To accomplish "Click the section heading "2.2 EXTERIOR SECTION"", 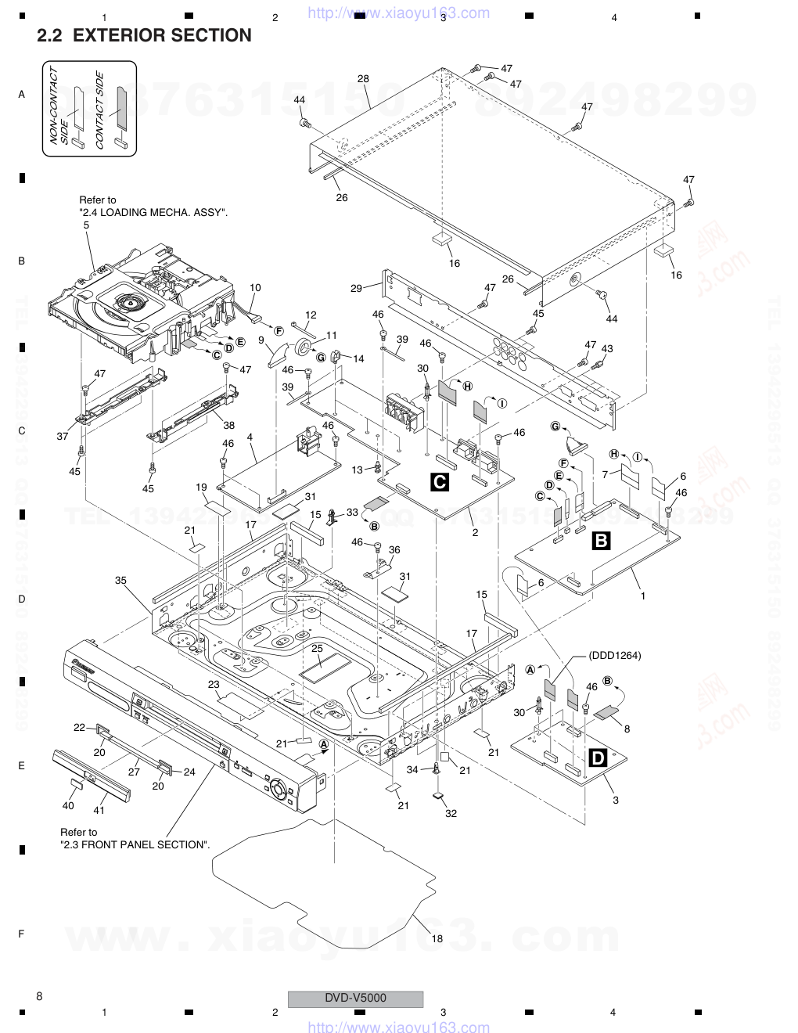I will coord(144,35).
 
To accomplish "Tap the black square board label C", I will coord(440,482).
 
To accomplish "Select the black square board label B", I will coord(602,539).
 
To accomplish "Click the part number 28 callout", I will coord(363,79).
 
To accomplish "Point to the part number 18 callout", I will coord(437,938).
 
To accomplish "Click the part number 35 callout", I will coord(120,581).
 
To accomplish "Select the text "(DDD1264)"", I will coord(615,656).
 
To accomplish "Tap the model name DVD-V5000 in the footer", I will coord(355,998).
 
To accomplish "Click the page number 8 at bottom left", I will coord(39,996).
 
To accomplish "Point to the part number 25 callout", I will coord(317,648).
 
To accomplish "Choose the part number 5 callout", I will coord(86,225).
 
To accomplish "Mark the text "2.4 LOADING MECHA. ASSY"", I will coord(152,212).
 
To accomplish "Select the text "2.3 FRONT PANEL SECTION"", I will coord(135,844).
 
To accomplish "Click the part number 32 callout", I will coord(451,813).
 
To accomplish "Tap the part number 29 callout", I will coord(356,289).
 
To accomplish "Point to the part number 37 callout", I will coord(62,437).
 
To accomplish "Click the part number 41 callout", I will coord(99,811).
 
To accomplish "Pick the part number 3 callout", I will coord(616,800).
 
